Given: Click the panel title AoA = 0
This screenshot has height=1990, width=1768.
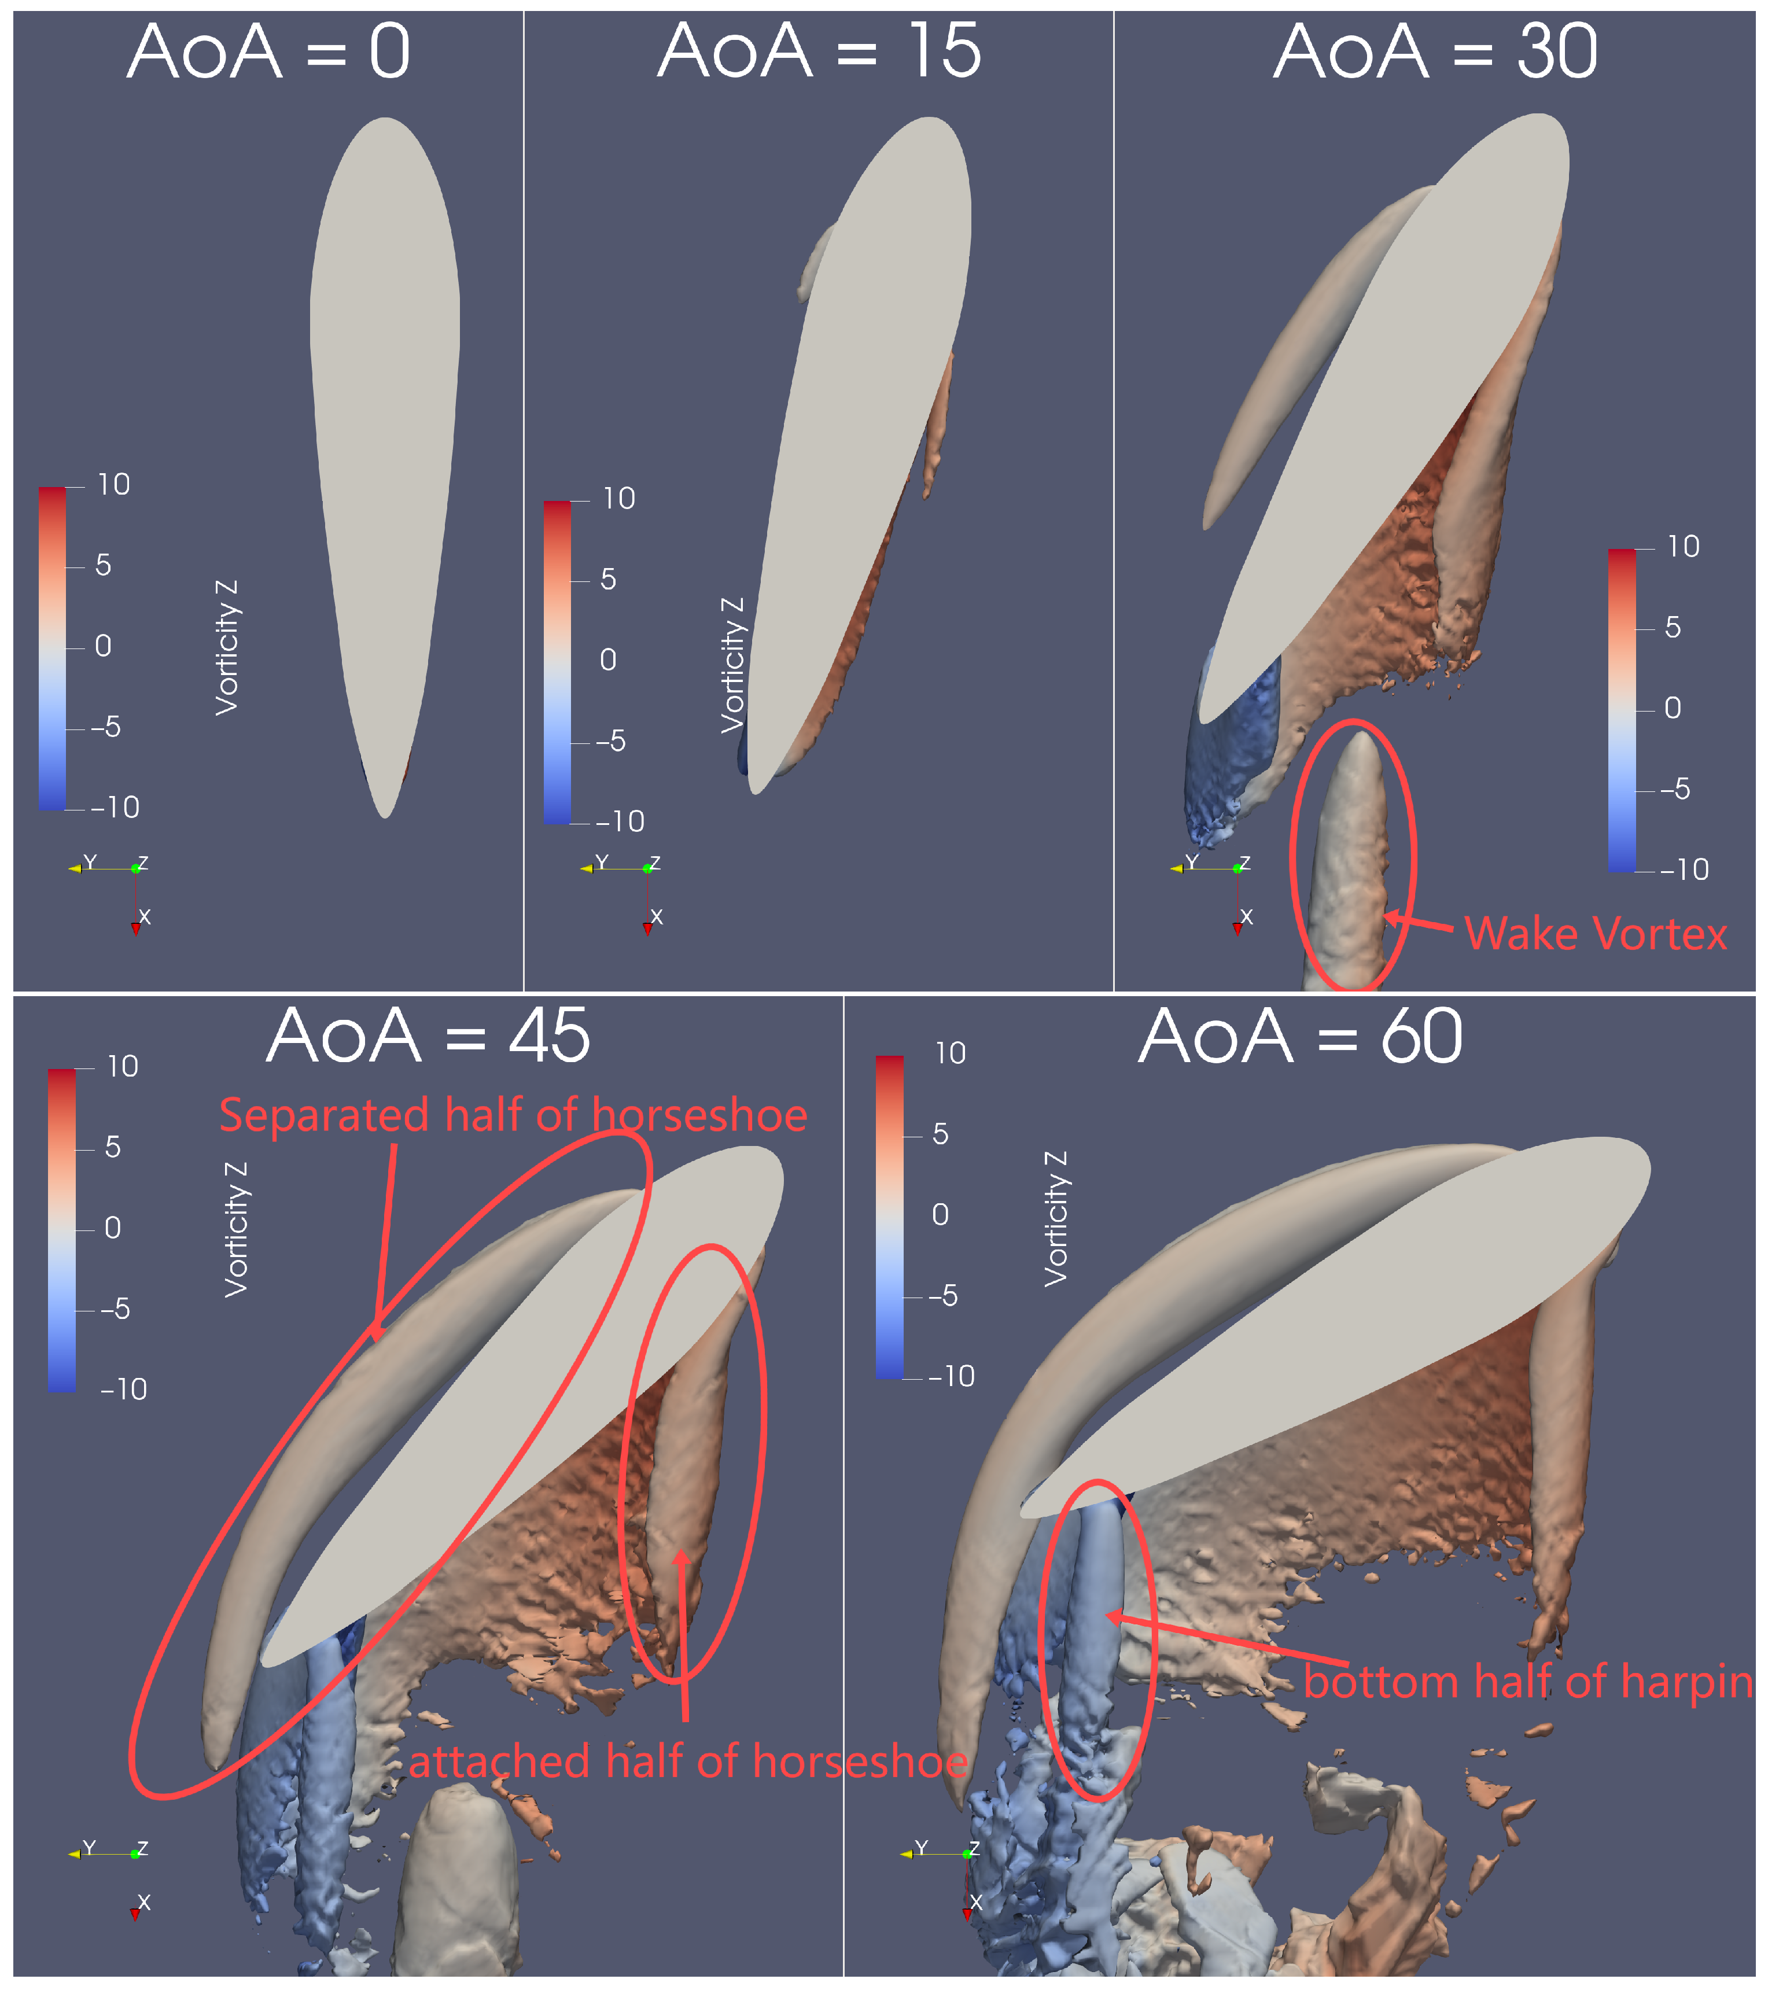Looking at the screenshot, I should (x=268, y=53).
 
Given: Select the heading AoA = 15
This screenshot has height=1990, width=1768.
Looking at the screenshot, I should (x=819, y=53).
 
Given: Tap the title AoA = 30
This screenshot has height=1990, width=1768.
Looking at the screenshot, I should (x=1435, y=53).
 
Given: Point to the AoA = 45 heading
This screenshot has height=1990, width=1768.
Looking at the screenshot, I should (x=428, y=1038).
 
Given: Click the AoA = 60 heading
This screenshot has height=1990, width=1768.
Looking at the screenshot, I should (x=1300, y=1038).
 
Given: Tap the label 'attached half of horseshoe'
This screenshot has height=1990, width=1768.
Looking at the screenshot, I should (x=687, y=1762).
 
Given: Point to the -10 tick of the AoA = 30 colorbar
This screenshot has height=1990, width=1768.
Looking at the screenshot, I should (x=1684, y=869).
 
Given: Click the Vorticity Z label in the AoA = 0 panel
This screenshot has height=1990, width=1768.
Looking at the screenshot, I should (x=226, y=648).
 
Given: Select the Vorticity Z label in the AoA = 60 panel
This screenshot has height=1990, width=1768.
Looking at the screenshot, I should (x=1055, y=1219).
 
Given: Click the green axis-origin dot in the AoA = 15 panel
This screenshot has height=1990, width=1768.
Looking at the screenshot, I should (x=647, y=868).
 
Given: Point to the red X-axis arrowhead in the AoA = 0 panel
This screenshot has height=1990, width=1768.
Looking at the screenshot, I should (x=135, y=930).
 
